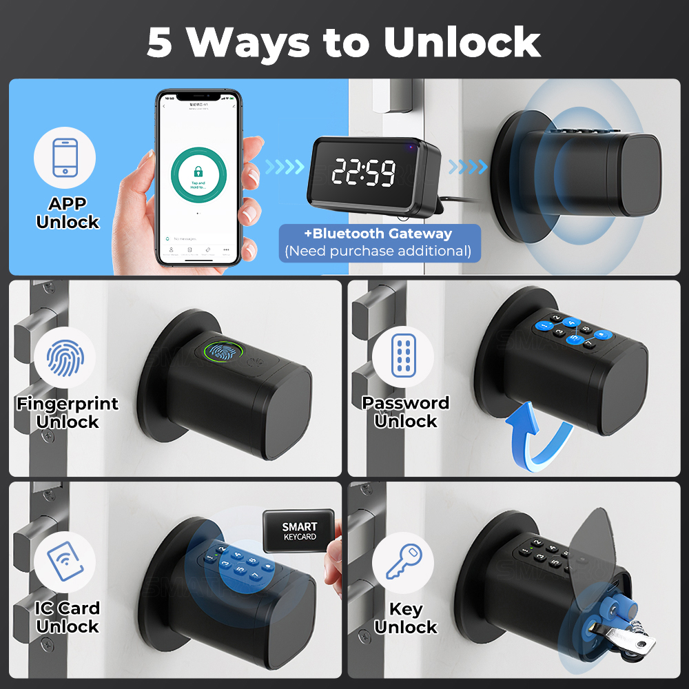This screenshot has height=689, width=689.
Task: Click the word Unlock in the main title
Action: [x=462, y=42]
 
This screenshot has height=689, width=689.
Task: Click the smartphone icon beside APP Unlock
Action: [x=65, y=158]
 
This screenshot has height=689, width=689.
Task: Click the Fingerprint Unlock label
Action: [x=68, y=412]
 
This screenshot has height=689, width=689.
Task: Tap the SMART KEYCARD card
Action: [x=299, y=531]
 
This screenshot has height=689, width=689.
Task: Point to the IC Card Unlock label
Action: [x=68, y=617]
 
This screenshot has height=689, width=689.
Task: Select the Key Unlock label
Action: [x=406, y=618]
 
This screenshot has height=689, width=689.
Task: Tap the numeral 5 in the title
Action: [x=159, y=42]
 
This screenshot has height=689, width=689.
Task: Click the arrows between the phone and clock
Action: [x=285, y=167]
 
